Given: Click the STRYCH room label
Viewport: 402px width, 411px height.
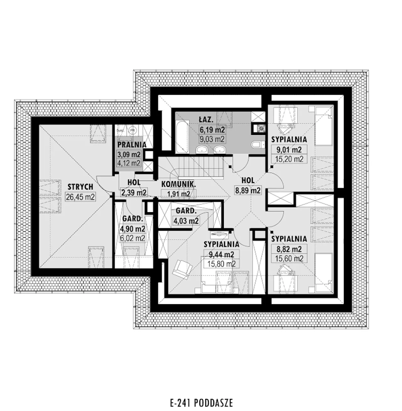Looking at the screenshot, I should (x=80, y=187).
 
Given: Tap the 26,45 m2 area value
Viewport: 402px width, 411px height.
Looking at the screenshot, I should (x=80, y=197).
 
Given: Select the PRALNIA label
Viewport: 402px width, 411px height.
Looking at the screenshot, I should (x=132, y=145).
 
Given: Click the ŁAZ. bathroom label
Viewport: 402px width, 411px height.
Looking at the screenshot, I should (x=206, y=119).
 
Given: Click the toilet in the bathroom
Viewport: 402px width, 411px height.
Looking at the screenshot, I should (x=257, y=144).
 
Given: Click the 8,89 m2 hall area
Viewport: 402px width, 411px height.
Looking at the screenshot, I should (x=248, y=190).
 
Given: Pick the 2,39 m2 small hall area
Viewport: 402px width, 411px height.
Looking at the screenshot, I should (x=134, y=192).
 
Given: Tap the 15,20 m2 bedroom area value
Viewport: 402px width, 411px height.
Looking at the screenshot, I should (x=289, y=159).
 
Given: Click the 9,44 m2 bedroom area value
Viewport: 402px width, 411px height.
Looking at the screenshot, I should (x=221, y=254).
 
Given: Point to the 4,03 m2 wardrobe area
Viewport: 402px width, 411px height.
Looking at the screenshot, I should (x=186, y=221).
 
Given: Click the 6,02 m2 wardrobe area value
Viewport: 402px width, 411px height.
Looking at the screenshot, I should (x=132, y=238).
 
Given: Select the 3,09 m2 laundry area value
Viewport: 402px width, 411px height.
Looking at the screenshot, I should (x=129, y=154).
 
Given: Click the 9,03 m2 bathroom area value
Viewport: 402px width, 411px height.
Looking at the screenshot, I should (x=212, y=138).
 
